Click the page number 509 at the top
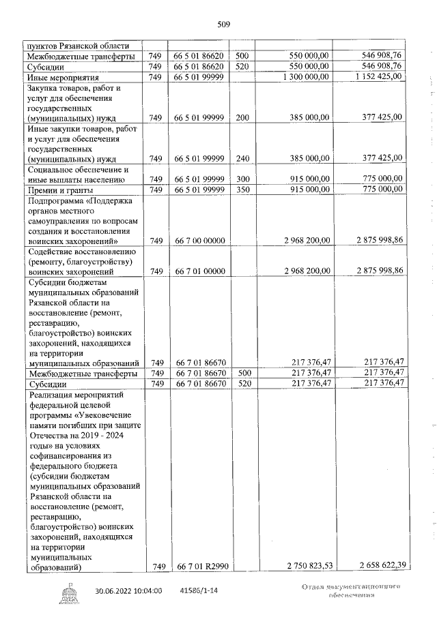tap(223, 25)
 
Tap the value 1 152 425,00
tap(374, 77)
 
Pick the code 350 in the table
tap(242, 189)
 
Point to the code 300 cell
tap(242, 179)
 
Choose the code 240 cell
tap(242, 157)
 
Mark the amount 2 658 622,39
tap(373, 566)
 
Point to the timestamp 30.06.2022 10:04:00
tap(128, 590)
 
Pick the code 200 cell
tap(242, 117)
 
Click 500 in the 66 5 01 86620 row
tap(242, 56)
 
